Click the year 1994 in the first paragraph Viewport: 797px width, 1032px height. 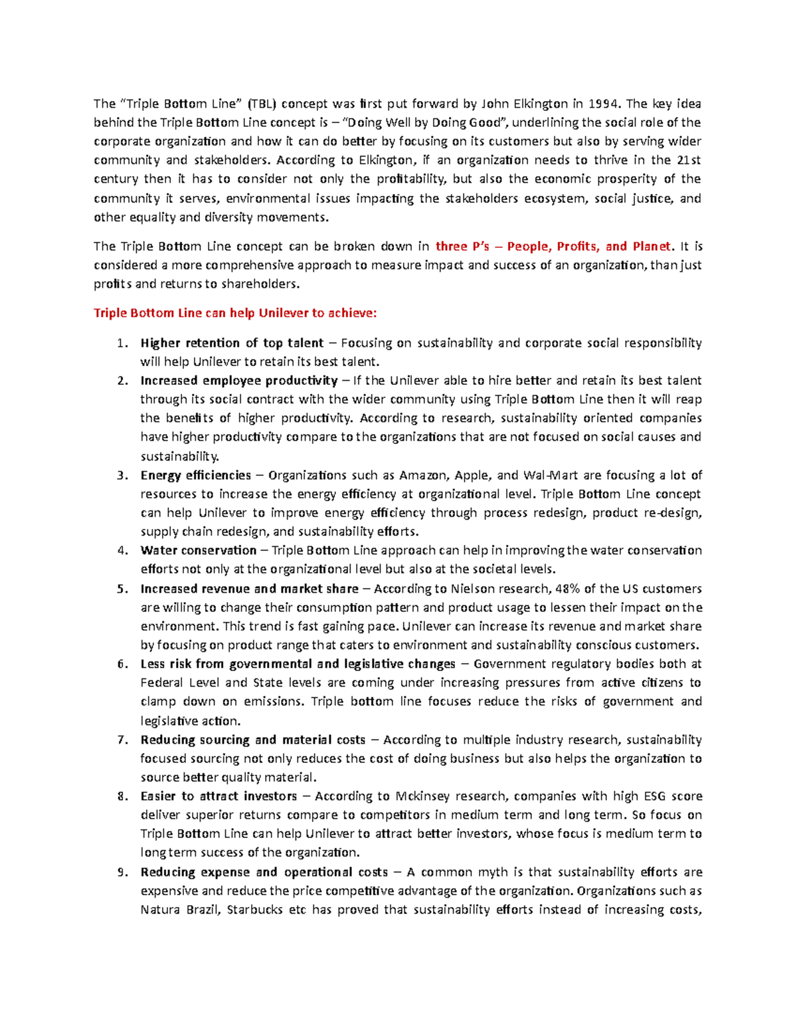coord(604,104)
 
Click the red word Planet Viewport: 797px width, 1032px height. coord(652,247)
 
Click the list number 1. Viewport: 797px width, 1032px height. coord(121,344)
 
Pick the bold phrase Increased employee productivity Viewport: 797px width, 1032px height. coord(239,381)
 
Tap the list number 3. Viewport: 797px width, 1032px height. coord(121,476)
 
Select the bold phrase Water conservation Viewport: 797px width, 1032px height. coord(199,551)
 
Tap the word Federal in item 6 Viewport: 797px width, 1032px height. coord(161,683)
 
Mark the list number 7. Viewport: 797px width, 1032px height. coord(121,740)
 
